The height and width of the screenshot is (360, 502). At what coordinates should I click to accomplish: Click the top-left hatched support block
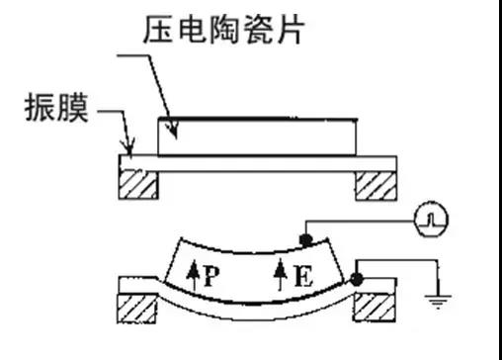pyautogui.click(x=138, y=185)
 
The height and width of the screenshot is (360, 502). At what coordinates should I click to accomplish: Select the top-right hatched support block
pyautogui.click(x=375, y=185)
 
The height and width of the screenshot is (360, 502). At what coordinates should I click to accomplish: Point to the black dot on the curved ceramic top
pyautogui.click(x=306, y=239)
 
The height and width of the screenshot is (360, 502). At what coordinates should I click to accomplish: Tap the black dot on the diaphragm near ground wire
pyautogui.click(x=359, y=281)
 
